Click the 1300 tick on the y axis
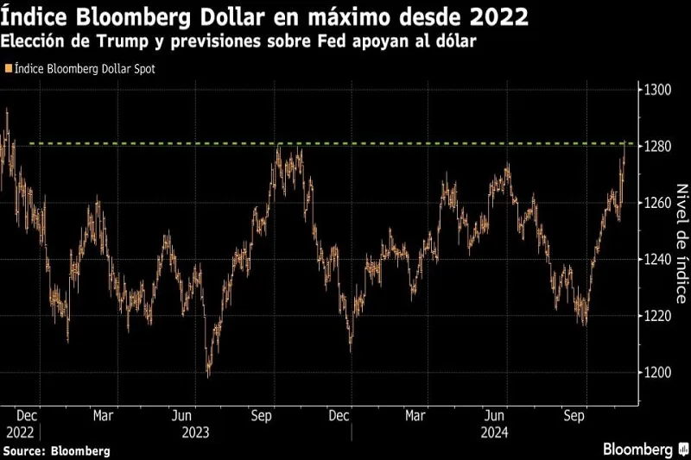657,90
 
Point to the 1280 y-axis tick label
657,147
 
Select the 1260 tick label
657,203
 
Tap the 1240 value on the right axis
657,260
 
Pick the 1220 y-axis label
657,316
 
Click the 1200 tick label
657,373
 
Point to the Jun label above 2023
181,414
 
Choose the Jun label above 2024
496,414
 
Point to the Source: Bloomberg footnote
56,451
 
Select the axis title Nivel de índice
681,243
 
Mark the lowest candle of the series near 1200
208,374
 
